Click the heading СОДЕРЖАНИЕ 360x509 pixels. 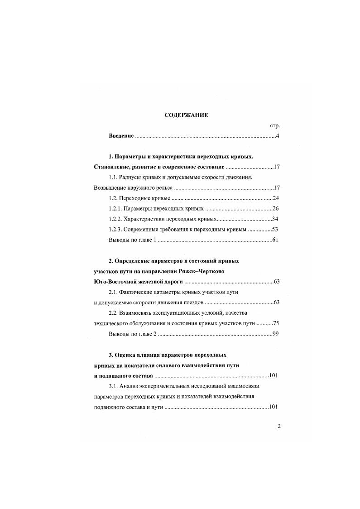[186, 115]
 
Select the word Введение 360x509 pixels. [121, 136]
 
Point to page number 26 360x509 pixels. [275, 209]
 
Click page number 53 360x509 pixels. [275, 229]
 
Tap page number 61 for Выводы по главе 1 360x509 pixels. [275, 240]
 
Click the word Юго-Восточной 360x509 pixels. [113, 281]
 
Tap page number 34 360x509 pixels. [275, 219]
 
